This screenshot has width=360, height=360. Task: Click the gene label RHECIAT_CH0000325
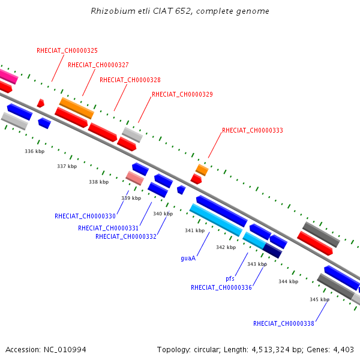[67, 51]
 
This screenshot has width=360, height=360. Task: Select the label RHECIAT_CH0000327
[98, 65]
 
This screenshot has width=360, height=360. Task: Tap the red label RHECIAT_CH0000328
[130, 80]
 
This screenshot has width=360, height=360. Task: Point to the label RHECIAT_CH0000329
[182, 95]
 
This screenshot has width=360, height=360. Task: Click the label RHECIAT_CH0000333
[253, 130]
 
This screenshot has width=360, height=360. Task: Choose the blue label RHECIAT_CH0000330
[85, 216]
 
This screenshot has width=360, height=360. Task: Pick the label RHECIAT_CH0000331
[108, 228]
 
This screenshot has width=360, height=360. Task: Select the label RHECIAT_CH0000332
[126, 236]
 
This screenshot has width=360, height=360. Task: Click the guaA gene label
[188, 259]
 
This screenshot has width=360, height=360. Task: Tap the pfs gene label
[230, 279]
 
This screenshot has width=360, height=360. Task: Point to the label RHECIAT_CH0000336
[221, 287]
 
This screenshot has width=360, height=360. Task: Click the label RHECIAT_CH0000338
[284, 323]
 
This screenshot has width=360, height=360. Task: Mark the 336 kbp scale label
[35, 152]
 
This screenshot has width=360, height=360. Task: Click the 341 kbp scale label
[194, 230]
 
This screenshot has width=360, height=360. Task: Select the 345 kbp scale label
[319, 299]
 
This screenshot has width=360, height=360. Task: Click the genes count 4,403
[343, 350]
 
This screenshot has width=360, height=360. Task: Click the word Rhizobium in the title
[112, 11]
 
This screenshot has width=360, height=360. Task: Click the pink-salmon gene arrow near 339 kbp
[135, 178]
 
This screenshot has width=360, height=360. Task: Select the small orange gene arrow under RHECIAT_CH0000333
[202, 170]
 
